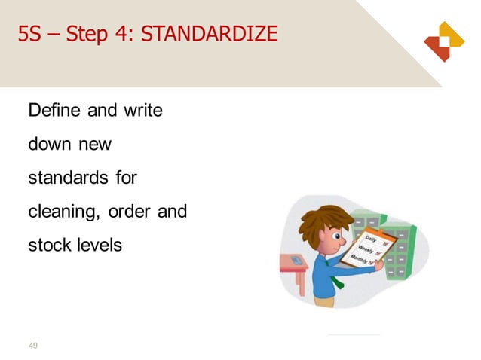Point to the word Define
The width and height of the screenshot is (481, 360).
click(x=54, y=111)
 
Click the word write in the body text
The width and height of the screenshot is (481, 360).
click(x=142, y=111)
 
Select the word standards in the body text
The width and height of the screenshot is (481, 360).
click(x=67, y=178)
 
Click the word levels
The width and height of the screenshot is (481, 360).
click(x=98, y=245)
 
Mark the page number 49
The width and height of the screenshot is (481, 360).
click(x=32, y=346)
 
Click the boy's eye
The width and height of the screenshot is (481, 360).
click(x=332, y=238)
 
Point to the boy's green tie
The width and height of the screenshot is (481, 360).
click(x=335, y=278)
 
